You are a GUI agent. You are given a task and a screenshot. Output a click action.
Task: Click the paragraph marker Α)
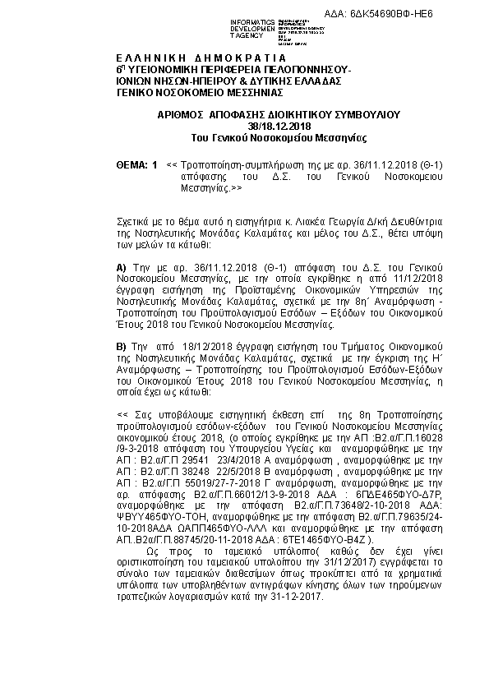click(x=122, y=268)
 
